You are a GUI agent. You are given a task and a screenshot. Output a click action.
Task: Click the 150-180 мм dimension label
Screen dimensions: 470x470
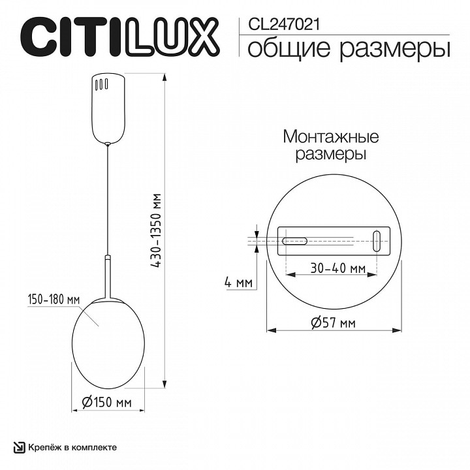54,299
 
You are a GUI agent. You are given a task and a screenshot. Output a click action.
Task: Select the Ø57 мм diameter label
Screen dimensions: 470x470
334,323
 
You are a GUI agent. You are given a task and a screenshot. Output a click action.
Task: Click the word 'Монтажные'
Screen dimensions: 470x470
331,137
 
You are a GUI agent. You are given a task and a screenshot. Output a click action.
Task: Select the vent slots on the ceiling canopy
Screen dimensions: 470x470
101,85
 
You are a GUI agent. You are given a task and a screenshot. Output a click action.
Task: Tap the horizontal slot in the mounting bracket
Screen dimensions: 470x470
294,240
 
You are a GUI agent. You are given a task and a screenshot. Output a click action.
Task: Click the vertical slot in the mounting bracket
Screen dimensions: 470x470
376,240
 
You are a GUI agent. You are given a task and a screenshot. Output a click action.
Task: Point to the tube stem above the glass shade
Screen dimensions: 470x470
108,277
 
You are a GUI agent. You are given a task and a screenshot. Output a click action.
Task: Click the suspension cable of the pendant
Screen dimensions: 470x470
108,196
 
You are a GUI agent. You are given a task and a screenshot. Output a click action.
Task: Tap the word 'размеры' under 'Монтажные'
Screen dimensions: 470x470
331,155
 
